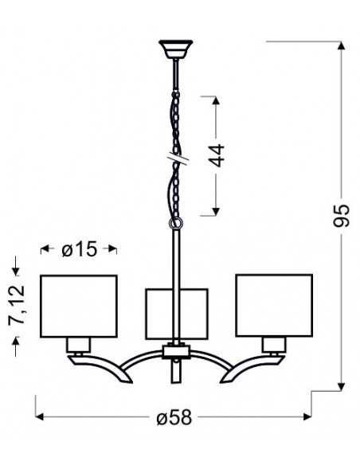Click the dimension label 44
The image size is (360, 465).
coord(217,155)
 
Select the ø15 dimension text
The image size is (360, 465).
coord(79,248)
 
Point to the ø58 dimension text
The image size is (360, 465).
coord(174,417)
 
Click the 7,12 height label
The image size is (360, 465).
coord(17,305)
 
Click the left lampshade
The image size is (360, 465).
coord(79,306)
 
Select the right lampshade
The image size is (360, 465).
coord(274,305)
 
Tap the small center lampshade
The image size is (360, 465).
coord(177,314)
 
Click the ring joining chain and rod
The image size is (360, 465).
coord(176,223)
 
